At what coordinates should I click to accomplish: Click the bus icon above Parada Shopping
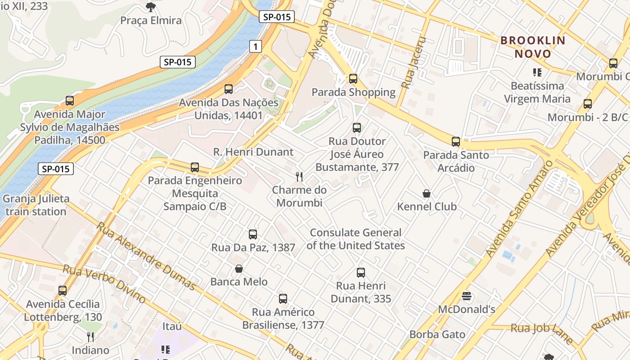click(x=353, y=79)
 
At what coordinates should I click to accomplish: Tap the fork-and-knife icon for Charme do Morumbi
click(x=298, y=176)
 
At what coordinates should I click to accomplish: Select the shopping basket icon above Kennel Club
click(x=427, y=193)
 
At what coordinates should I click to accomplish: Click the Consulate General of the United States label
click(x=355, y=239)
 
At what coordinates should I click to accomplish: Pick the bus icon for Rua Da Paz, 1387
click(x=253, y=234)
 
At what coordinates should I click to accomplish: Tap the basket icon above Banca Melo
click(x=239, y=269)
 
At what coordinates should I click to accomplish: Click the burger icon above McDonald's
click(x=467, y=296)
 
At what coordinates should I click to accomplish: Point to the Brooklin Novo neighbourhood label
click(x=533, y=47)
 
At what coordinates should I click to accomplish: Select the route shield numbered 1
click(x=256, y=46)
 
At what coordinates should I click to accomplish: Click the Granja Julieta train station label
click(x=36, y=205)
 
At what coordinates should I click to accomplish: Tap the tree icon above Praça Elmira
click(x=151, y=7)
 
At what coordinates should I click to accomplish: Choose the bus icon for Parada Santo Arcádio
click(x=456, y=142)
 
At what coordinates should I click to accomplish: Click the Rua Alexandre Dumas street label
click(x=146, y=256)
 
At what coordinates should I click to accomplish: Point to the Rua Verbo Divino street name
click(x=104, y=283)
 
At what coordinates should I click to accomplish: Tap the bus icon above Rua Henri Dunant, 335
click(x=361, y=272)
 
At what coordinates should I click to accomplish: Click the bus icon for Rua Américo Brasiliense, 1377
click(x=283, y=298)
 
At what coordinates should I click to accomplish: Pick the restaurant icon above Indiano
click(x=90, y=337)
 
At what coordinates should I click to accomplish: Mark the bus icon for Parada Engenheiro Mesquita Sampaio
click(x=195, y=167)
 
